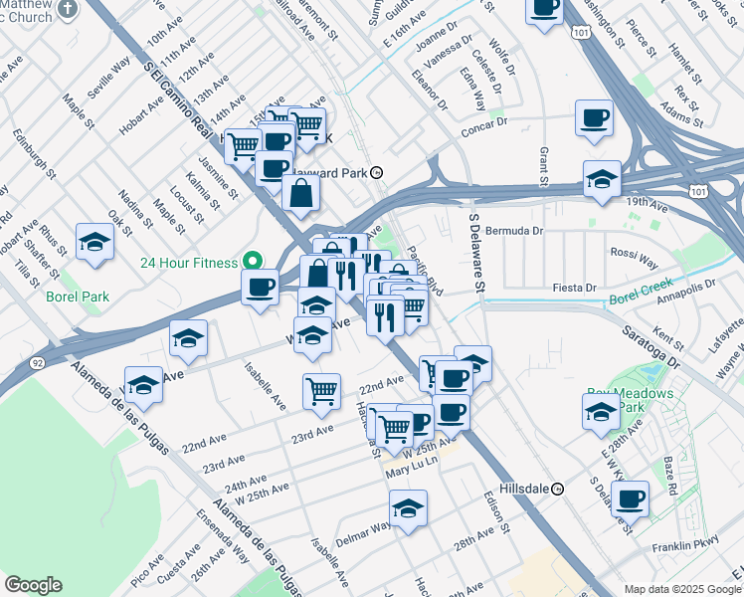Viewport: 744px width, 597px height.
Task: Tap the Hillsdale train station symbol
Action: [x=559, y=489]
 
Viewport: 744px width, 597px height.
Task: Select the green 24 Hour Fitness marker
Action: [x=254, y=263]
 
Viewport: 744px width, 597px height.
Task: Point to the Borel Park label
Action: [x=70, y=296]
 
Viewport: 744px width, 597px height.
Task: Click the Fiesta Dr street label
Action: [x=575, y=288]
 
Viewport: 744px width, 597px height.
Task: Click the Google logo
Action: [x=33, y=585]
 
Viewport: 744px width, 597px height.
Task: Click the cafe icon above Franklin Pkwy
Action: [x=630, y=497]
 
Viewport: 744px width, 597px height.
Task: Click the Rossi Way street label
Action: [x=634, y=257]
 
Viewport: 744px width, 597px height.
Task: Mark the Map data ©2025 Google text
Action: [x=681, y=589]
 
